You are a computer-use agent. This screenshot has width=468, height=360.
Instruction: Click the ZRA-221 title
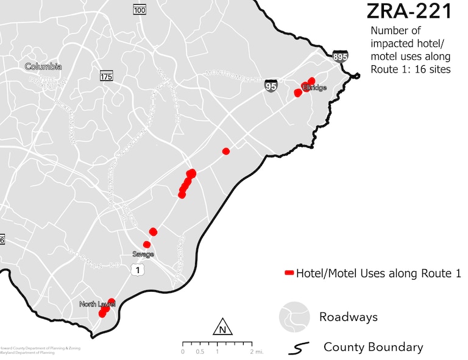point(409,11)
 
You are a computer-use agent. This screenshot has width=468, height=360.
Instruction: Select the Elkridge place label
point(315,88)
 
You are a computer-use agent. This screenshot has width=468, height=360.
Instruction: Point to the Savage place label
point(143,254)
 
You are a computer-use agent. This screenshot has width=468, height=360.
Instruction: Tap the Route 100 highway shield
point(140,10)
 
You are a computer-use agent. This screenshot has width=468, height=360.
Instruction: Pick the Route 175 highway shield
point(107,76)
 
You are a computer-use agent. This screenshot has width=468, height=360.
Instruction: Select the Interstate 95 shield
point(271,86)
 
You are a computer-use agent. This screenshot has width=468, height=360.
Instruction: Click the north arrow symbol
point(222,327)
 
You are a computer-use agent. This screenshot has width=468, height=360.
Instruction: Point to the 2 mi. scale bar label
point(254,351)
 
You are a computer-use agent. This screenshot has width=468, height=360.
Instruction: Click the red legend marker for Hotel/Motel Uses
point(289,274)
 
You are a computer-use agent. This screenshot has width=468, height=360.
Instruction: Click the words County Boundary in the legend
point(373,347)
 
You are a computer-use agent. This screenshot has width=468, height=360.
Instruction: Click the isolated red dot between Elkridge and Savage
point(226,151)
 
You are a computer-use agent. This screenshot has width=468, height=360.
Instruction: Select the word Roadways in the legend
point(348,317)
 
